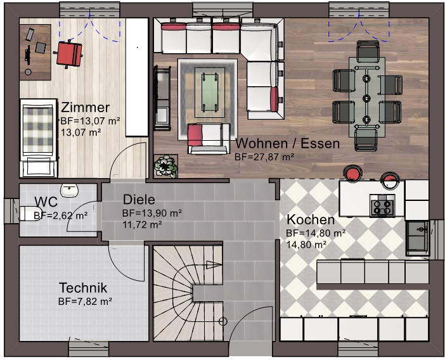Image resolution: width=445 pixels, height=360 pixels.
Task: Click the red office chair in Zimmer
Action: tap(69, 55)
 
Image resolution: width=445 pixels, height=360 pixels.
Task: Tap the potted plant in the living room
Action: tap(165, 166)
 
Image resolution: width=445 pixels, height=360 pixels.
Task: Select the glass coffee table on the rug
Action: tap(210, 92)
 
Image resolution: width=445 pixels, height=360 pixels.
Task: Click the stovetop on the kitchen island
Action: tap(382, 207)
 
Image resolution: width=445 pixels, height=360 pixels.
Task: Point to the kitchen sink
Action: tap(417, 238)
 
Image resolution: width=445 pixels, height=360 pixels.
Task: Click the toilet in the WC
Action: tap(30, 214)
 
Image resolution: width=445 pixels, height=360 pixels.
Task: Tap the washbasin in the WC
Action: tap(69, 190)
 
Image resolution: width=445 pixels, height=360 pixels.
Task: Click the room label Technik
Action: tap(83, 288)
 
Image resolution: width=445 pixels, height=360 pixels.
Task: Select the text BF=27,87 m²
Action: tap(264, 157)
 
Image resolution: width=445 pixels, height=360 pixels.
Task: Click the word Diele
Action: tap(139, 200)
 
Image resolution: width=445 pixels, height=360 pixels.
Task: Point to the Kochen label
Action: tap(311, 219)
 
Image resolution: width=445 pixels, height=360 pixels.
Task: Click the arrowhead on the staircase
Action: tap(214, 265)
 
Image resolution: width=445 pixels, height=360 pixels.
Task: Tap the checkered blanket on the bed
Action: tap(38, 130)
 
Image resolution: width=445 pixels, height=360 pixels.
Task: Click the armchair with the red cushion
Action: tap(209, 138)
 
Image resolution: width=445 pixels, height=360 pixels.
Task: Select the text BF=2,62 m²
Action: tap(60, 216)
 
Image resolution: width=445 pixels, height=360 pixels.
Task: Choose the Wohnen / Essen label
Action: tap(288, 143)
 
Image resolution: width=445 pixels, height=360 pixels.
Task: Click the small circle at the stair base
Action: tap(223, 321)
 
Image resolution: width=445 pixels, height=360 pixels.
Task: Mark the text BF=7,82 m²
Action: tap(85, 301)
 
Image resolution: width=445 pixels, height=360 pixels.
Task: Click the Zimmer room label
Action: tap(85, 108)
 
